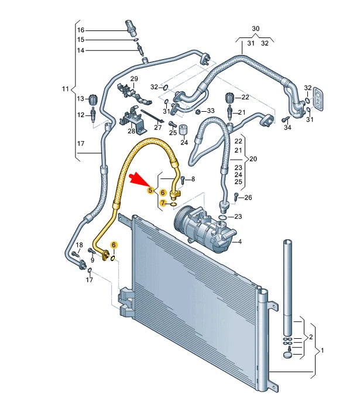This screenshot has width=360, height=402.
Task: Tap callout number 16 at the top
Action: (x=81, y=30)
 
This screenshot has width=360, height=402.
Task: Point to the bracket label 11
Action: (x=65, y=89)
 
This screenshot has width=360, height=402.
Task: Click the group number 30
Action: (x=255, y=29)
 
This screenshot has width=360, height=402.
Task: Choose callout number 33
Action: (x=211, y=111)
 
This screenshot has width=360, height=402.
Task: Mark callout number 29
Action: (x=133, y=79)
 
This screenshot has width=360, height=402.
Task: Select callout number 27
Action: (x=157, y=127)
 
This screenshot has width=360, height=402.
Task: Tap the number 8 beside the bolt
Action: (x=193, y=178)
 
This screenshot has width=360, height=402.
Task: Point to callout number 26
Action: (x=248, y=197)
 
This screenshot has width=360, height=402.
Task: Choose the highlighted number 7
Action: (x=163, y=202)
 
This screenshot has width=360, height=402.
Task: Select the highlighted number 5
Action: (x=150, y=190)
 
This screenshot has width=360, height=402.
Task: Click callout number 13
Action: (x=81, y=98)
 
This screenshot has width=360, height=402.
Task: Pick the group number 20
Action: (x=253, y=159)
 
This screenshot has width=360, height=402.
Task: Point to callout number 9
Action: (x=92, y=259)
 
